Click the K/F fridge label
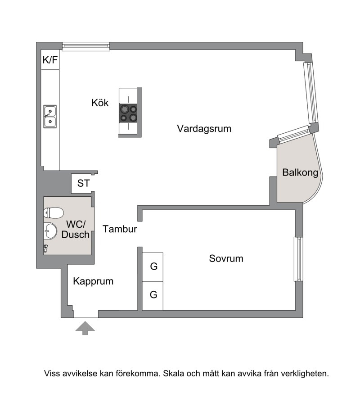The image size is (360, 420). point(50,60)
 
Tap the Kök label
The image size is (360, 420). point(100,103)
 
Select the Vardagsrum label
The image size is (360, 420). point(204,129)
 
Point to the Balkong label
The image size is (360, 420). point(300,172)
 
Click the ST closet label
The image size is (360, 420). point(84,183)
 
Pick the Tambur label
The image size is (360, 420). point(120,229)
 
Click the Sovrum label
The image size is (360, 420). point(226,258)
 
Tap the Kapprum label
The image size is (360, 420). point(93,281)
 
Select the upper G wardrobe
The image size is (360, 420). point(153,267)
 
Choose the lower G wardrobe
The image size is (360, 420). point(153,296)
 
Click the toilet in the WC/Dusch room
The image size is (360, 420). point(54,213)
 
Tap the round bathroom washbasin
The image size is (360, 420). point(50,231)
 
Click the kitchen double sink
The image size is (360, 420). point(50,117)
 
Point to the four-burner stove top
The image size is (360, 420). point(129,113)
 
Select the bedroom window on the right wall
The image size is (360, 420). point(298,259)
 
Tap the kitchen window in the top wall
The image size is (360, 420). point(86,47)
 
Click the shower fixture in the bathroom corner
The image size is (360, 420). point(45,248)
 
